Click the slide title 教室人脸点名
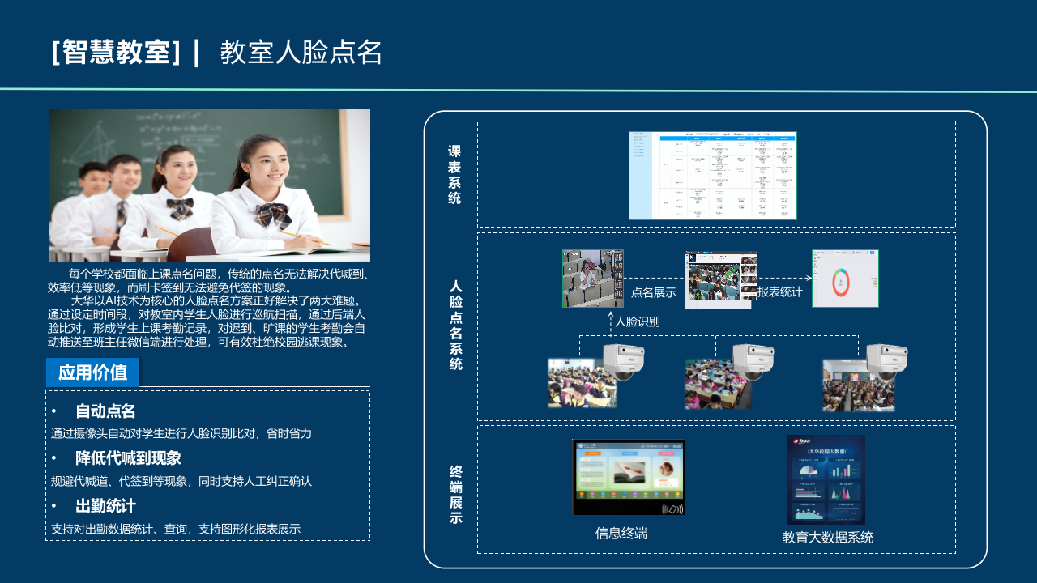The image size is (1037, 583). pyautogui.click(x=301, y=53)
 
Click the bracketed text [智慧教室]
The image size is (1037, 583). pyautogui.click(x=115, y=53)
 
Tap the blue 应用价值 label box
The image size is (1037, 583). pyautogui.click(x=92, y=372)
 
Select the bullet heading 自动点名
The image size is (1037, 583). pyautogui.click(x=105, y=411)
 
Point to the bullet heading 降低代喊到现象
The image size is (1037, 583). pyautogui.click(x=128, y=458)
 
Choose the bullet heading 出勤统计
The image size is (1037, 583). pyautogui.click(x=105, y=506)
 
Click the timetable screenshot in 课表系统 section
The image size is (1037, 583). pyautogui.click(x=713, y=176)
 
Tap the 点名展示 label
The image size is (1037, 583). pyautogui.click(x=654, y=292)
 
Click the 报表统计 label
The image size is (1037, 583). pyautogui.click(x=780, y=292)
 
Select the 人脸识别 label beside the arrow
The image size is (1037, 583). pyautogui.click(x=638, y=321)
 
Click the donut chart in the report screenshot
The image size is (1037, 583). pyautogui.click(x=841, y=282)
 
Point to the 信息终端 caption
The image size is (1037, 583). pyautogui.click(x=621, y=534)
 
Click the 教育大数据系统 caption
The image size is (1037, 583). pyautogui.click(x=828, y=537)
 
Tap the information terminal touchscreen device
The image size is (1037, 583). pyautogui.click(x=629, y=477)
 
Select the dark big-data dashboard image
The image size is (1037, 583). pyautogui.click(x=826, y=479)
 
